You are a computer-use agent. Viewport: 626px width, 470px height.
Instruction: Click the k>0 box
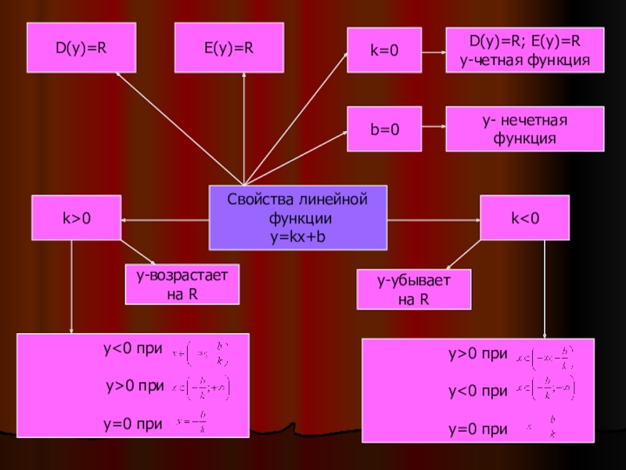pos(76,217)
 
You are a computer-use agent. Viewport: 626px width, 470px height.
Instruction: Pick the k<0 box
pos(524,217)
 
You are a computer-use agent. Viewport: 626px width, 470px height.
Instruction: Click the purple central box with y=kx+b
pos(297,217)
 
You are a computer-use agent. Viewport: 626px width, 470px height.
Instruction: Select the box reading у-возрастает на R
pos(182,284)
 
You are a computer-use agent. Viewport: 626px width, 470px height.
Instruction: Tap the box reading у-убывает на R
pos(414,290)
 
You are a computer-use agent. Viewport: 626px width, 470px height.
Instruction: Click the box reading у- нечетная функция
pos(524,129)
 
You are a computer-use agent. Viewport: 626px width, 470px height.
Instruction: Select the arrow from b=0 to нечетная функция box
pos(434,127)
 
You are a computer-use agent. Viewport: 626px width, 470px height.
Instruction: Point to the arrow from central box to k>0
pos(164,220)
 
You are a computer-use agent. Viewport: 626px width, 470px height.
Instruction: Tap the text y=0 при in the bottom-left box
pos(134,424)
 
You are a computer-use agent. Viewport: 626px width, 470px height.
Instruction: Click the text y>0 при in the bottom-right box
pos(477,355)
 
